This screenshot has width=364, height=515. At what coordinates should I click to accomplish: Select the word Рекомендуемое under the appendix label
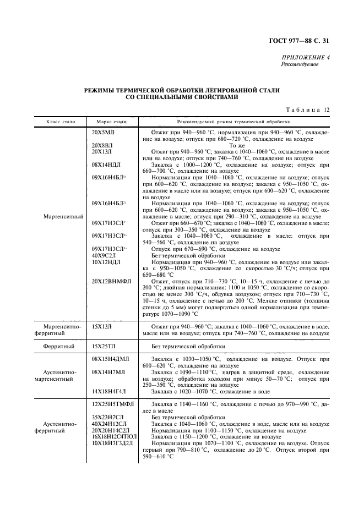tap(300, 64)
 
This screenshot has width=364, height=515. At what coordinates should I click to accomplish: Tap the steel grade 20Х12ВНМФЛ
tap(111, 281)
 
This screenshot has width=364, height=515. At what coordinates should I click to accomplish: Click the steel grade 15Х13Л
tap(102, 327)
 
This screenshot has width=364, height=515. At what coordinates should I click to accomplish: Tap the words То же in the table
tap(236, 145)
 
